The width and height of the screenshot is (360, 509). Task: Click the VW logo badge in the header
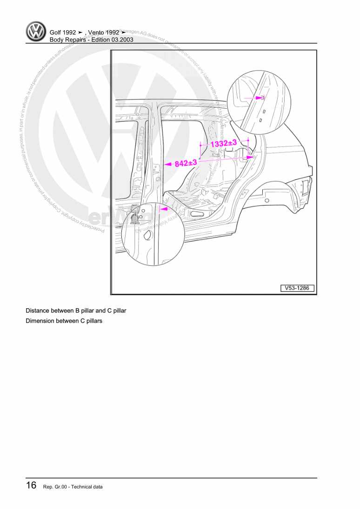point(36,33)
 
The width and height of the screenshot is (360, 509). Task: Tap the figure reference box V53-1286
point(297,288)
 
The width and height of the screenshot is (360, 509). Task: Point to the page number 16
point(31,486)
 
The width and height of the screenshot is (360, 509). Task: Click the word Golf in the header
point(57,33)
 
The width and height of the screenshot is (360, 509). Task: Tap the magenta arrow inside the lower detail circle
point(163,210)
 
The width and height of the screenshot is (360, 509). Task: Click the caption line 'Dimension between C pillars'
point(64,321)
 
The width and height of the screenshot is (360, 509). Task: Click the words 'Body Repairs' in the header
point(67,40)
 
